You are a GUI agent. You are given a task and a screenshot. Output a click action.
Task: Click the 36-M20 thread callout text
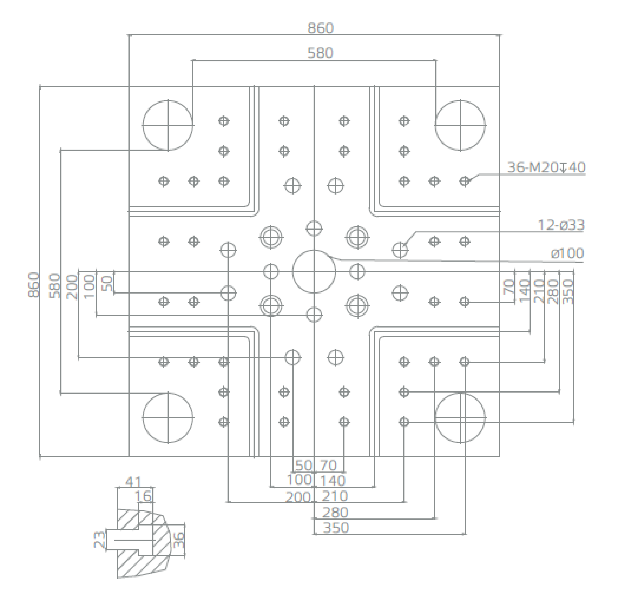point(546,167)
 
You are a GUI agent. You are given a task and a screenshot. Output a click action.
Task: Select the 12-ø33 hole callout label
point(561,225)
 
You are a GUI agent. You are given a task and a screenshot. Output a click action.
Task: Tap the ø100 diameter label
point(567,253)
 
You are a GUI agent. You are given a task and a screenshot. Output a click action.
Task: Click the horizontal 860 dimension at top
point(320,28)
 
